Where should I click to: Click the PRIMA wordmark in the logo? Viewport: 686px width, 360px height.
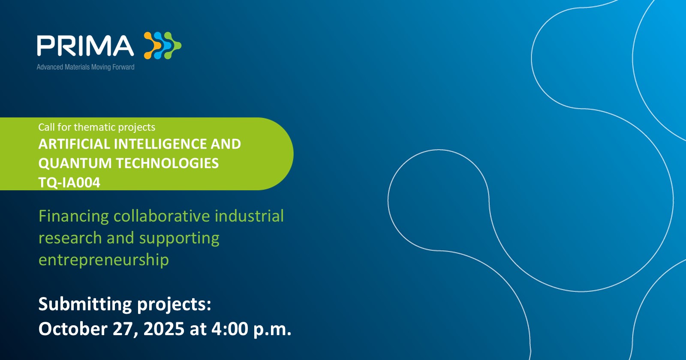pos(85,45)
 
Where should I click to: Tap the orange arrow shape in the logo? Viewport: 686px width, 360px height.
pos(152,45)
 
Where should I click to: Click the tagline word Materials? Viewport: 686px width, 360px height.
pos(77,67)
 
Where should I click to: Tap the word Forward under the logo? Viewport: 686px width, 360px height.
pos(123,67)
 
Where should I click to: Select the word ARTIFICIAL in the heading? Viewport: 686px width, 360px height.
pos(74,144)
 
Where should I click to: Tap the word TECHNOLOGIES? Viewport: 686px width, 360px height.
pos(167,163)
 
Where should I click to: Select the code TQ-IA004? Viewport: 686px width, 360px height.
pos(69,183)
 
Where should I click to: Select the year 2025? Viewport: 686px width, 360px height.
pos(164,329)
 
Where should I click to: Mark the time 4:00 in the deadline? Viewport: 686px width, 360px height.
pos(230,329)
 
